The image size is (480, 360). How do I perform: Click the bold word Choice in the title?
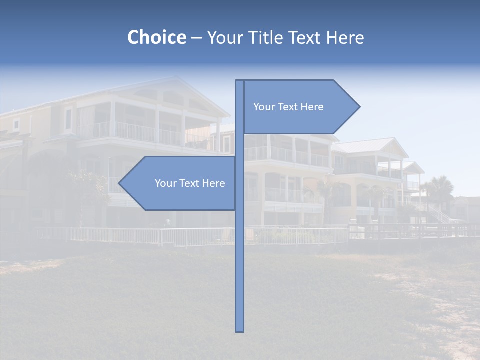(x=156, y=38)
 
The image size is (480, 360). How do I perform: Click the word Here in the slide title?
(x=345, y=38)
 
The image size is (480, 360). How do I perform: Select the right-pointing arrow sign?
(x=300, y=107)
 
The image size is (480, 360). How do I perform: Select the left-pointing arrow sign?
(x=180, y=183)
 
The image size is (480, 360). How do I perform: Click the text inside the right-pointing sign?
(x=288, y=107)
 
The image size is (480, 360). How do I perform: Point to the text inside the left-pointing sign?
(x=190, y=183)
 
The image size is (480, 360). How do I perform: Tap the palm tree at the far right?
(x=441, y=187)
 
